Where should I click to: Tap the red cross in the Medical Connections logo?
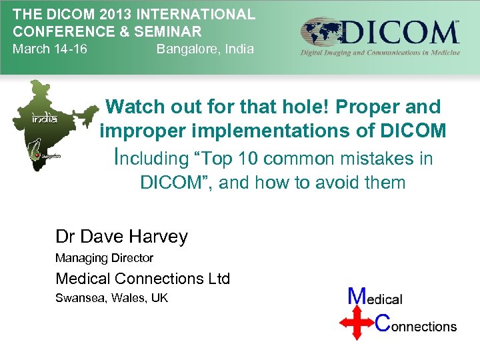coord(357,321)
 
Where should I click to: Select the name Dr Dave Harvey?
coord(121,237)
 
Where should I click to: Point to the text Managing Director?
coord(104,258)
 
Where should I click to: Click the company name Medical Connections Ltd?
coord(143,279)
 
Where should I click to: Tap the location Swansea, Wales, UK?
coord(111,298)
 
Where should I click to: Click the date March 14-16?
coord(50,49)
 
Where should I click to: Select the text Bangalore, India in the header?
coord(205,49)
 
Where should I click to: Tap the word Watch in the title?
coord(135,107)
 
